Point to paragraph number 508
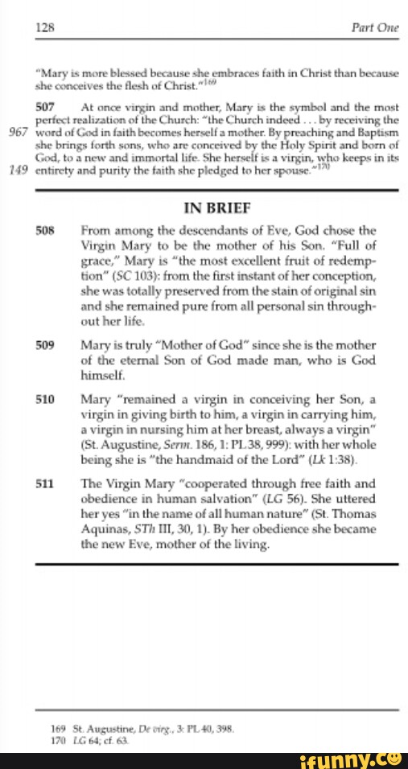(x=46, y=230)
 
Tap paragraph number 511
(x=46, y=484)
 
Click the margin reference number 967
(x=17, y=130)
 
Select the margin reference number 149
(x=17, y=170)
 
